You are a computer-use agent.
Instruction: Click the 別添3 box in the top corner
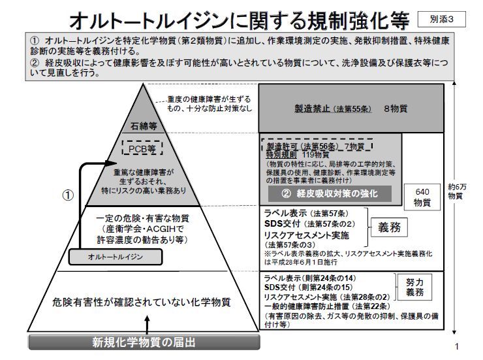[446, 19]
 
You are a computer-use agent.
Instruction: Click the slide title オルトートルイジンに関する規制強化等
[241, 19]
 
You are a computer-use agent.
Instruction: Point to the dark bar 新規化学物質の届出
[143, 343]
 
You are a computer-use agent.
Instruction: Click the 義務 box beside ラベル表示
[390, 226]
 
